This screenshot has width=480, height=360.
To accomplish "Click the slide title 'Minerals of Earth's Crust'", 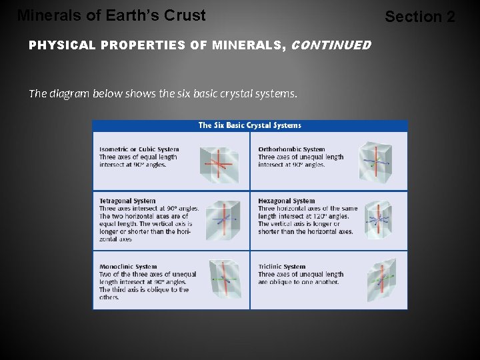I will pyautogui.click(x=111, y=15).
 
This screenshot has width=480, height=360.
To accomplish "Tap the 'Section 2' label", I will pyautogui.click(x=420, y=17).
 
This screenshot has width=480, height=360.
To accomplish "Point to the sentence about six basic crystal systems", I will pyautogui.click(x=163, y=93).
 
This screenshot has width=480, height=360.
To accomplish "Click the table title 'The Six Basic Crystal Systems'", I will pyautogui.click(x=250, y=125).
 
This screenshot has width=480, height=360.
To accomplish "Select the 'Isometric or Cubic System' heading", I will pyautogui.click(x=139, y=149).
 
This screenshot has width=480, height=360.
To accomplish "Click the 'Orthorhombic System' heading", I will pyautogui.click(x=291, y=149).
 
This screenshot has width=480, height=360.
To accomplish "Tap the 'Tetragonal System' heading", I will pyautogui.click(x=127, y=201).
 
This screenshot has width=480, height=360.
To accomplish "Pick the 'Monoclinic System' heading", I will pyautogui.click(x=128, y=267).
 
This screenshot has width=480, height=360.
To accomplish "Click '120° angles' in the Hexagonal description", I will pyautogui.click(x=335, y=216).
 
